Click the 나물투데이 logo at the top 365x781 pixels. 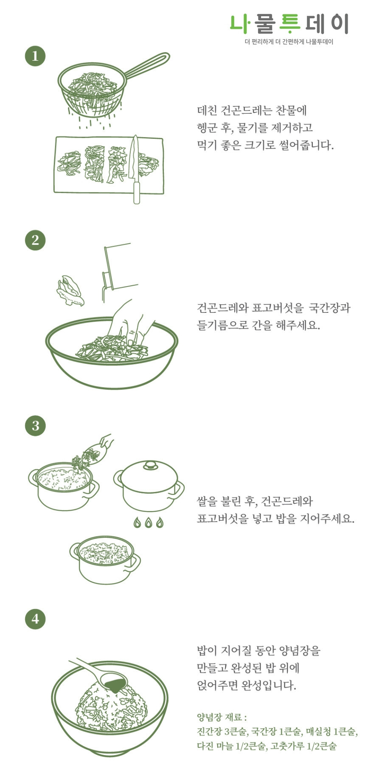(x=289, y=24)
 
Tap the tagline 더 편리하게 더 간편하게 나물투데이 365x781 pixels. (x=289, y=42)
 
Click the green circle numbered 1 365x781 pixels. (x=35, y=56)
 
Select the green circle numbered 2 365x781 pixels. (x=35, y=240)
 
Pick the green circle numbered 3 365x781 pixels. (x=35, y=425)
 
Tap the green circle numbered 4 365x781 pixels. (x=35, y=618)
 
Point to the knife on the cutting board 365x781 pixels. (x=135, y=170)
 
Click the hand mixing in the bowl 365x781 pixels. (x=129, y=323)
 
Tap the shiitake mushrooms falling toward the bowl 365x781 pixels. (x=70, y=291)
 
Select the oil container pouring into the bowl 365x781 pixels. (x=119, y=267)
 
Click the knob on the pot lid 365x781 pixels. (x=150, y=465)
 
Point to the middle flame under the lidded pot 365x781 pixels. (x=148, y=523)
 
